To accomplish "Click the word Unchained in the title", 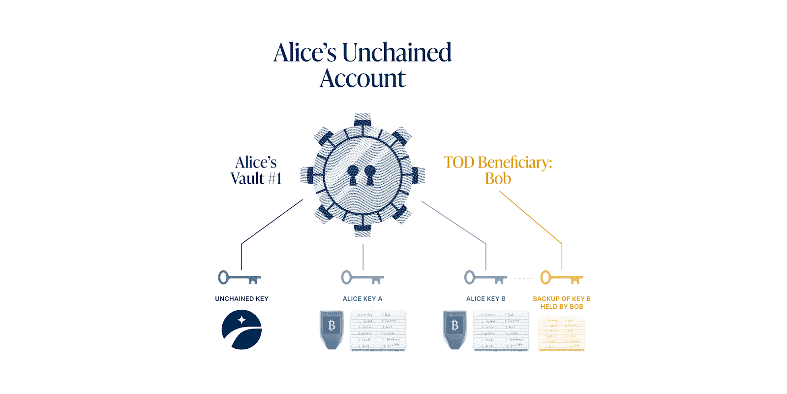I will click(x=396, y=53).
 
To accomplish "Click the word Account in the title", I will click(x=363, y=79).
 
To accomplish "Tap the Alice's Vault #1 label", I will click(x=256, y=170).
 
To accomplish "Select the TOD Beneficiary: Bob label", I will click(x=498, y=170).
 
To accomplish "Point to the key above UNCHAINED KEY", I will click(x=239, y=278).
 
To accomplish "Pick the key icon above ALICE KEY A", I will click(x=363, y=278).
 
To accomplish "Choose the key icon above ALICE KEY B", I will click(x=485, y=278).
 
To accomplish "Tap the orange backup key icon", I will click(x=561, y=278).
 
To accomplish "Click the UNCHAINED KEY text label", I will click(x=242, y=299).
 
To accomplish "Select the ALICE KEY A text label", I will click(x=363, y=299).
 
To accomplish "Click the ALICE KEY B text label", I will click(x=486, y=299).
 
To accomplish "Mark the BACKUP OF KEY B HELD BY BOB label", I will click(x=562, y=302).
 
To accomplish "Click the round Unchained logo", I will click(x=242, y=329).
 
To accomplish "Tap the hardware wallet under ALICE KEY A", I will click(x=332, y=329).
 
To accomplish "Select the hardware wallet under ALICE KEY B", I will click(x=454, y=329).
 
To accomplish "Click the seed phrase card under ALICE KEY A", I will click(x=378, y=330).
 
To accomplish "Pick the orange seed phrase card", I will click(x=562, y=333).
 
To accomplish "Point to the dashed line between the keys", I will click(x=524, y=278).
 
